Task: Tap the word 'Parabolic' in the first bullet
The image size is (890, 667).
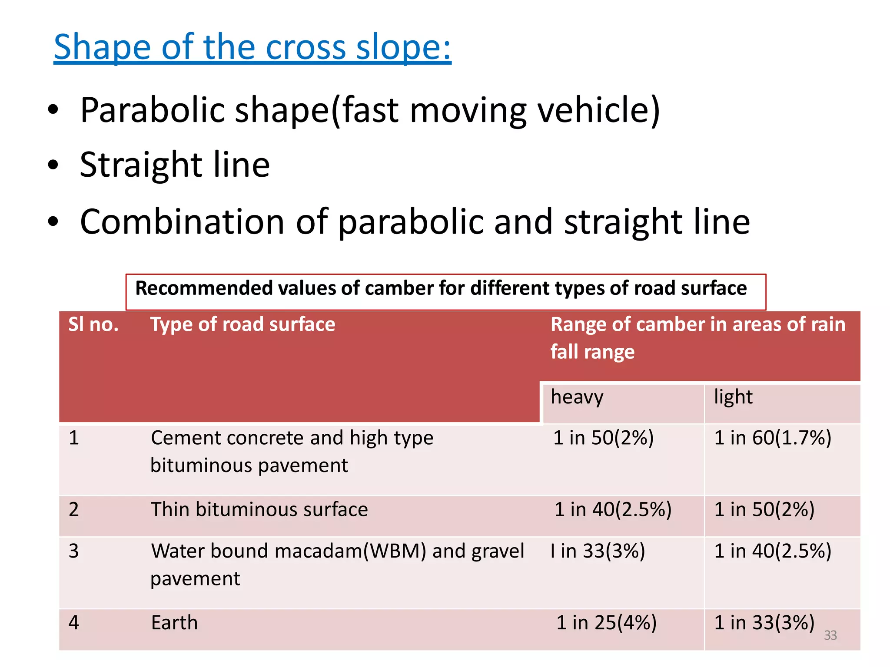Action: (x=152, y=110)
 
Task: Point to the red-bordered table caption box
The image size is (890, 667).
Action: (x=445, y=291)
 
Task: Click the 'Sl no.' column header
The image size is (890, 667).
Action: (x=93, y=325)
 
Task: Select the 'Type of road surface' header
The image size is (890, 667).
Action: (x=242, y=325)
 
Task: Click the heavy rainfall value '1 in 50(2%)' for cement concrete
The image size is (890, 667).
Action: (x=603, y=438)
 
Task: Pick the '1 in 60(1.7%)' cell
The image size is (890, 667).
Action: (x=773, y=438)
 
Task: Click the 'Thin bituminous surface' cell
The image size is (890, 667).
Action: (x=259, y=510)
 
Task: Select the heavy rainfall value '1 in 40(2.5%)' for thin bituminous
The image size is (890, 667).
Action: (x=613, y=510)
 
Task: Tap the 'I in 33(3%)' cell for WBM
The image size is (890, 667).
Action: (x=598, y=551)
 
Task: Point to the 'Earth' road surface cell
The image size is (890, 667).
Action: (x=174, y=623)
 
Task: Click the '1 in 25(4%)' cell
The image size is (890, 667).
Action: (x=606, y=623)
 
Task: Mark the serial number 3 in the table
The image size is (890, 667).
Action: (x=74, y=551)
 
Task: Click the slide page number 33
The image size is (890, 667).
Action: (x=830, y=635)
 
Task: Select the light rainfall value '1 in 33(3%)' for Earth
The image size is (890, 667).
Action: (x=764, y=623)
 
